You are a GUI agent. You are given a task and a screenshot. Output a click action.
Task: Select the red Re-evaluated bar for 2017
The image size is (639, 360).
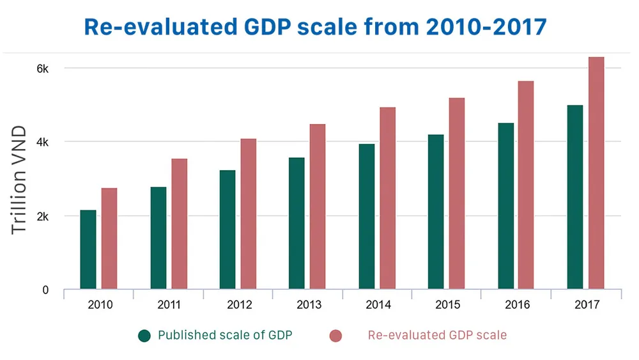(596, 173)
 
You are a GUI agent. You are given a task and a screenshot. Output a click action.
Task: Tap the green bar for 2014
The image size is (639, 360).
(367, 217)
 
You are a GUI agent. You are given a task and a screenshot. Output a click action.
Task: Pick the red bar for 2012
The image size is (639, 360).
(249, 214)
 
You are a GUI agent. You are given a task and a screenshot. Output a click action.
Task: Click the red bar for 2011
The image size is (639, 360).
(180, 224)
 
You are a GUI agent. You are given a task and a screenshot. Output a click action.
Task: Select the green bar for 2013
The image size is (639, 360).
(296, 223)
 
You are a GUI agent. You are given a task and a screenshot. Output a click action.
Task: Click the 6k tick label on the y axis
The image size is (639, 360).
(42, 68)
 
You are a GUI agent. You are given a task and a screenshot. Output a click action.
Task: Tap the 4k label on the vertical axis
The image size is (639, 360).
(42, 142)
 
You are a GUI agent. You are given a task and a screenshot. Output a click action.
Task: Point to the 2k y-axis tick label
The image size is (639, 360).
(42, 216)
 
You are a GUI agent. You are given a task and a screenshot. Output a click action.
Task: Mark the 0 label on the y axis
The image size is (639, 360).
(45, 290)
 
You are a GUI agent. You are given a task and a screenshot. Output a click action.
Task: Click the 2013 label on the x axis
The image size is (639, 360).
(309, 305)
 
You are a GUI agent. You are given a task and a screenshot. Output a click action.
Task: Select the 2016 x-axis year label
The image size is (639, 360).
(518, 305)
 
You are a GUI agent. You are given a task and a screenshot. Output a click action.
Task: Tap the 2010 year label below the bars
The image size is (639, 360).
(100, 305)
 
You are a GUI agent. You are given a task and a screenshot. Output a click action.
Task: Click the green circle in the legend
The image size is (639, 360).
(144, 336)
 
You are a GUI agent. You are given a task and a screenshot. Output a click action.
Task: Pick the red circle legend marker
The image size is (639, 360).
(335, 336)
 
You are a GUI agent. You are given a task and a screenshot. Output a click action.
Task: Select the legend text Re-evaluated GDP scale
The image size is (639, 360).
(437, 335)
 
